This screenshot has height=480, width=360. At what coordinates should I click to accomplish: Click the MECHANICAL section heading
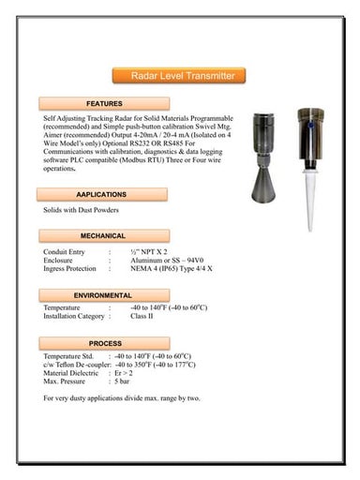click(x=103, y=235)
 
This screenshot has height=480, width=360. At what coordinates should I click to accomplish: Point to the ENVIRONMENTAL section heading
click(x=103, y=295)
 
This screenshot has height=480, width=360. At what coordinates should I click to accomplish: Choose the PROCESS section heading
click(x=105, y=344)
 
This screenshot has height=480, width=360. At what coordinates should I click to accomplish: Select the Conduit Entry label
click(x=65, y=252)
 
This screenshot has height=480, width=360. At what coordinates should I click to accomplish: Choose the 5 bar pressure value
click(x=122, y=382)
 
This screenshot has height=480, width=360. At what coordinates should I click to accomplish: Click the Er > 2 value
click(x=123, y=373)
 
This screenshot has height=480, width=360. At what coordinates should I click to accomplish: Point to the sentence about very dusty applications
click(x=122, y=398)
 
